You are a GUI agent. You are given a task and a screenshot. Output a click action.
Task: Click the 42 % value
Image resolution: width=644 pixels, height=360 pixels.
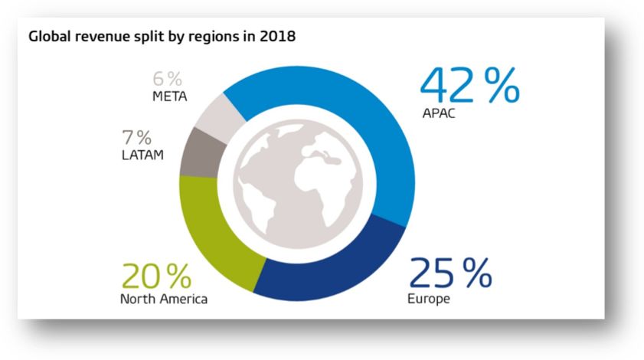tap(469, 86)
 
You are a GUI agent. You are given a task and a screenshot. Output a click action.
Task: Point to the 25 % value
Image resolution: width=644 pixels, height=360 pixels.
tap(450, 274)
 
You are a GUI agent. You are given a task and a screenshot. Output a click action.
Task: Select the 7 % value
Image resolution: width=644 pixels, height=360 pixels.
tap(136, 139)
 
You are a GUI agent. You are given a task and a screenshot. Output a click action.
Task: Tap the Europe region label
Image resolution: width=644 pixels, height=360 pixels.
tap(430, 298)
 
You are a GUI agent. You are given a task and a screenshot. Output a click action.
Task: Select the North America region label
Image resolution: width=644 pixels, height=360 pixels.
tap(163, 299)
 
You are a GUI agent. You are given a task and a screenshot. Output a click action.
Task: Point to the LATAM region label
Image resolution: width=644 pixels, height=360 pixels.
tap(142, 156)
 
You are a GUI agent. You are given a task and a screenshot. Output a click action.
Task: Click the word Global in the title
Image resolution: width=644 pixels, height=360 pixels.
tap(49, 37)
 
